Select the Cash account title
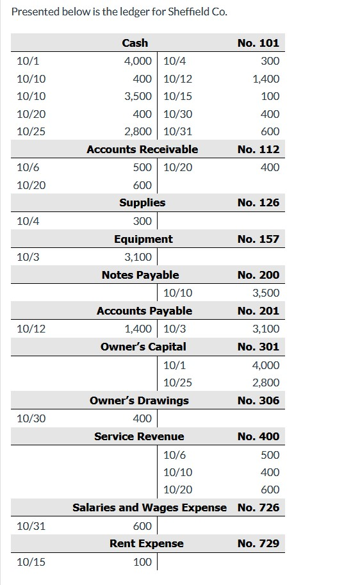click(135, 43)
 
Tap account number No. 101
click(258, 43)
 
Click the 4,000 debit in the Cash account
click(138, 61)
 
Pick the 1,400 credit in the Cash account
click(266, 79)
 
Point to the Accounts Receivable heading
click(142, 149)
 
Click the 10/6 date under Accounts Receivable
click(28, 167)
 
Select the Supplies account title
click(142, 202)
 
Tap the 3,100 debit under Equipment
click(138, 257)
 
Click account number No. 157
click(258, 239)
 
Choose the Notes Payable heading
click(140, 275)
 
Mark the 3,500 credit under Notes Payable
click(266, 293)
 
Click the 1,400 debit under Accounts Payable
click(138, 329)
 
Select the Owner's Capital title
click(143, 347)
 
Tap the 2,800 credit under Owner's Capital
click(266, 383)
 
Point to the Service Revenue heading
click(139, 436)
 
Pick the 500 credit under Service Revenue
click(270, 454)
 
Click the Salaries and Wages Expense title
click(149, 507)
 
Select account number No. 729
click(258, 543)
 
